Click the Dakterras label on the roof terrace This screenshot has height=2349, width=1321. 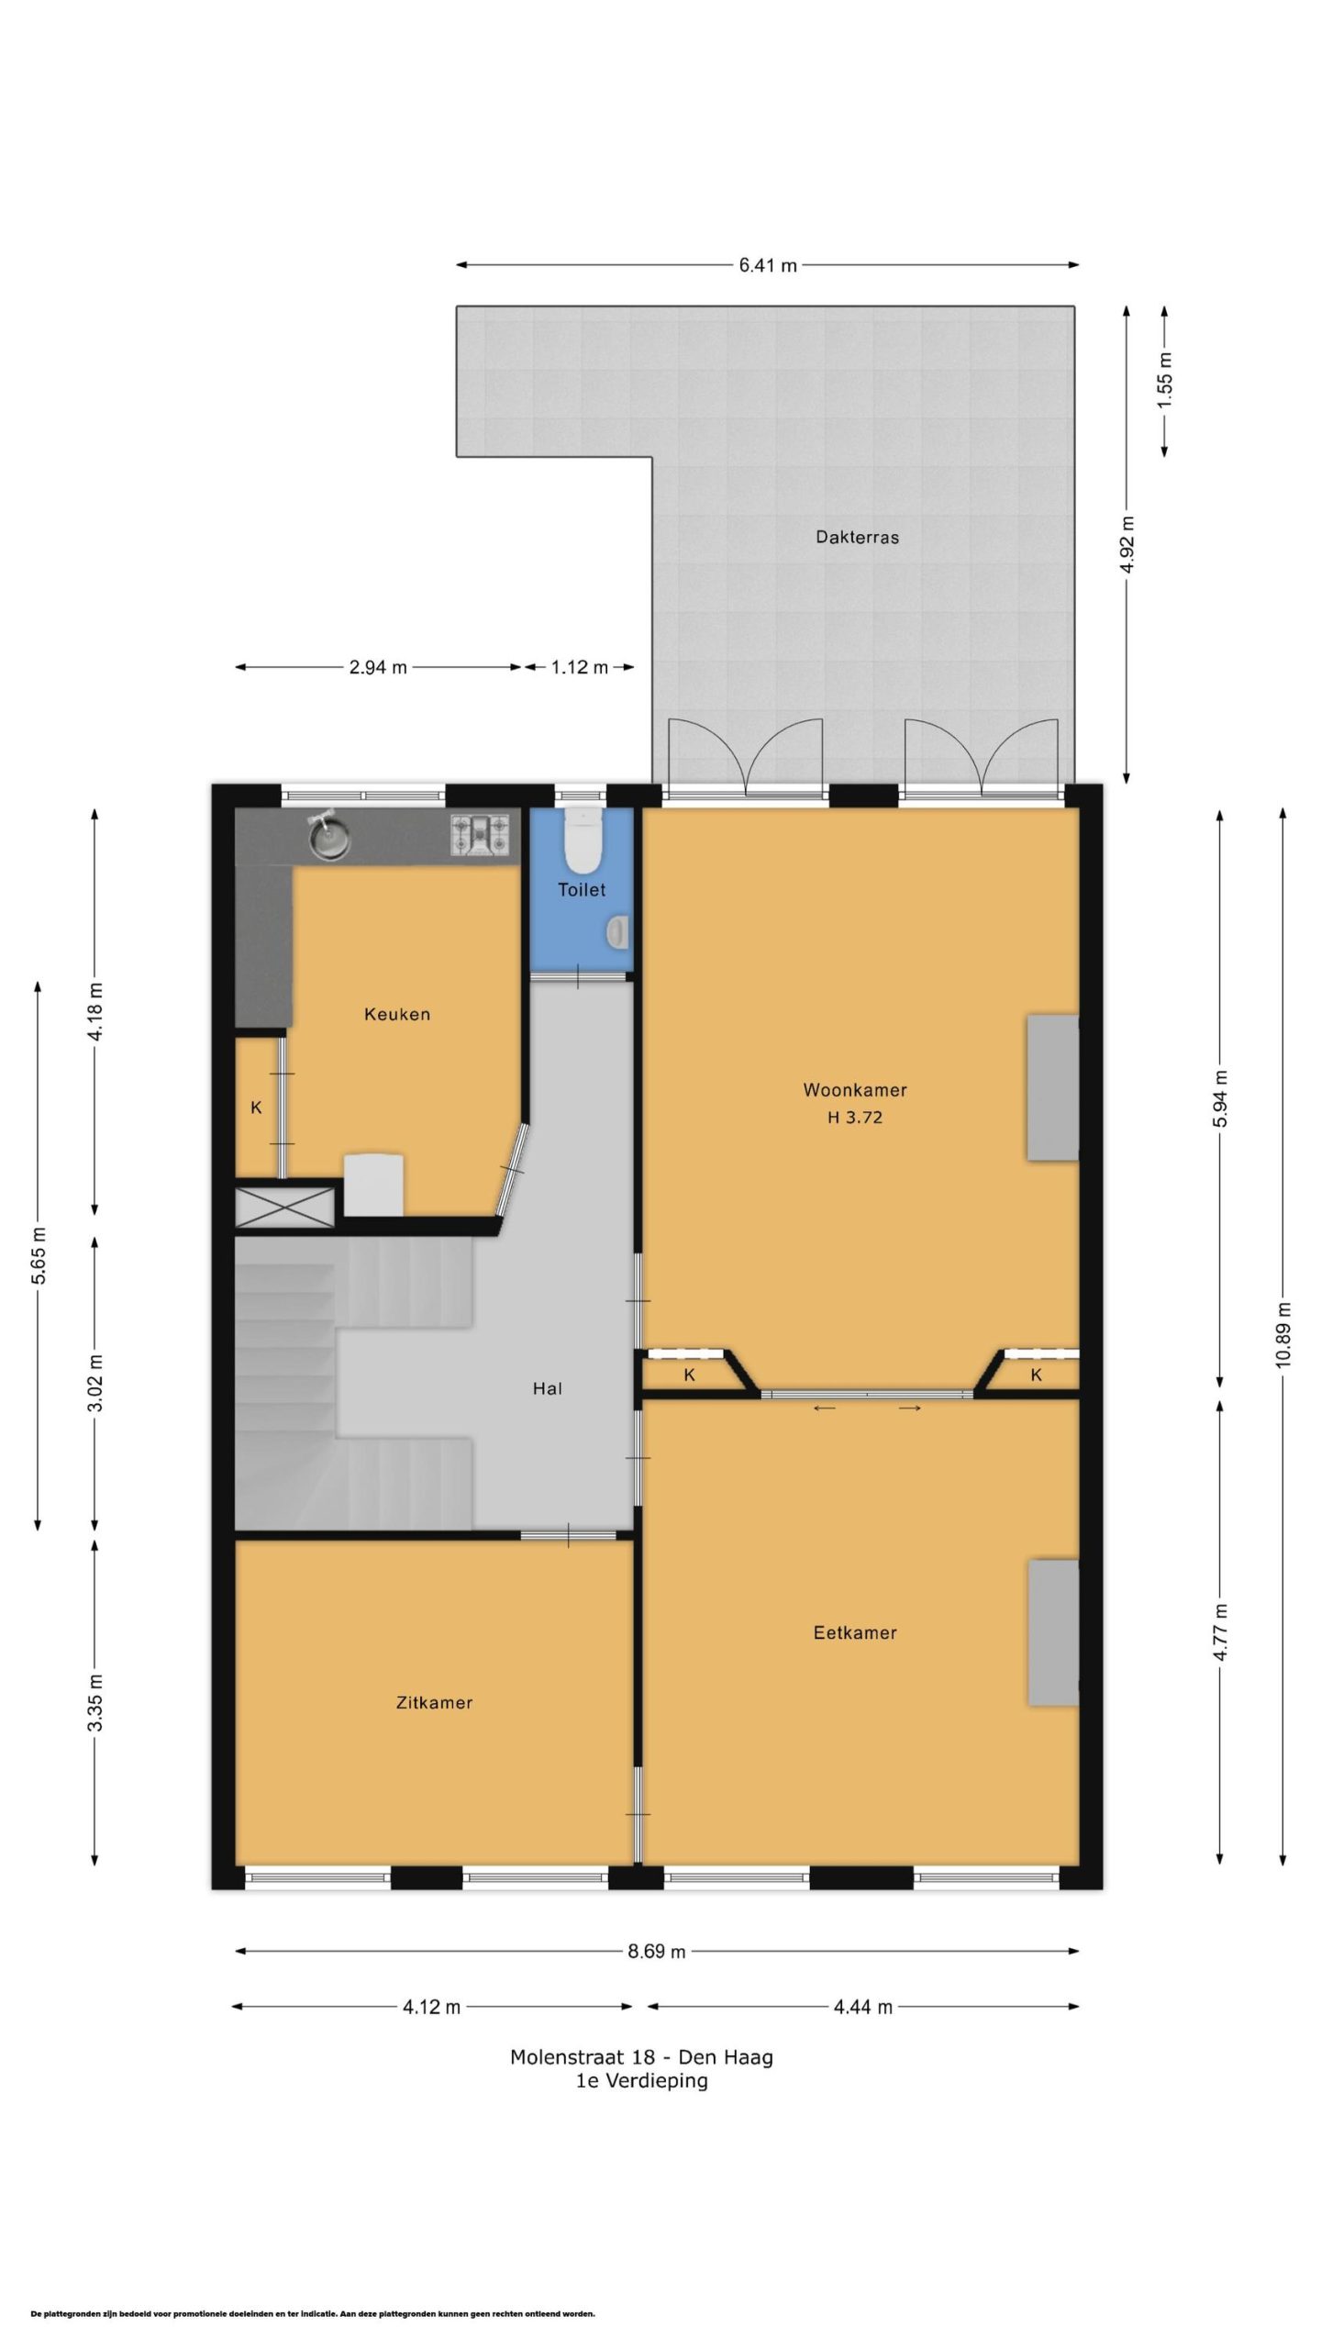coord(857,537)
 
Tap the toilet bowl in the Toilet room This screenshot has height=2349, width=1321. coord(582,839)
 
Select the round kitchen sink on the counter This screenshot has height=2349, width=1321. coord(329,836)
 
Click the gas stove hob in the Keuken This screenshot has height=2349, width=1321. coord(479,836)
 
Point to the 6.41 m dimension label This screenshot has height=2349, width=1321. coord(768,265)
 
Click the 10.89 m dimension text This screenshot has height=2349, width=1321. coord(1282,1334)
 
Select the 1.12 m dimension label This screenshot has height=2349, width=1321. coord(580,667)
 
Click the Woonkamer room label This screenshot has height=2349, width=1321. coord(855,1090)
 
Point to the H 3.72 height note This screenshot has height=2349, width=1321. coord(855,1117)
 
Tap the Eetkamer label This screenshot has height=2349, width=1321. coord(855,1632)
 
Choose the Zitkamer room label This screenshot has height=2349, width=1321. coord(434,1702)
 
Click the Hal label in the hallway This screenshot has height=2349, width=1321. coord(548,1388)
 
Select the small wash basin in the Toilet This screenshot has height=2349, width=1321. coord(616,933)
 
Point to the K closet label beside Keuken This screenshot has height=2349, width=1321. coord(256,1108)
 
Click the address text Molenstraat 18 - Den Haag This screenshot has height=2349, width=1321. coord(641,2057)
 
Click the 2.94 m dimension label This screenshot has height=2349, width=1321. coord(378,667)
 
